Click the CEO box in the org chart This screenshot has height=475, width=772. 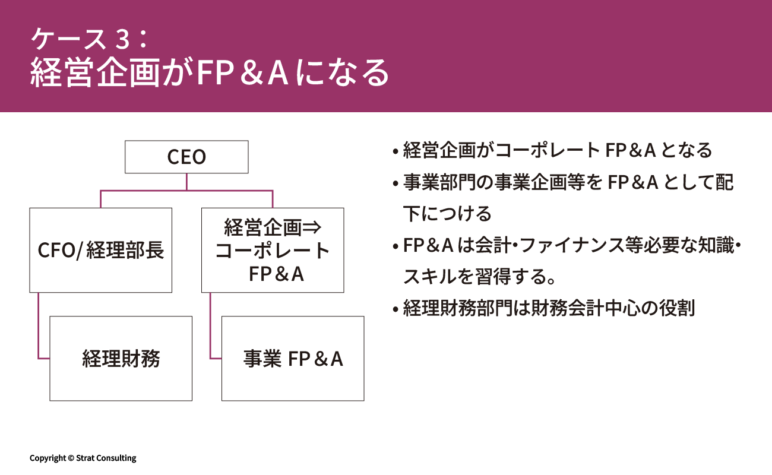pyautogui.click(x=186, y=157)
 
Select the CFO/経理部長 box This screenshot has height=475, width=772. pyautogui.click(x=100, y=250)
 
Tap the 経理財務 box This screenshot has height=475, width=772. pyautogui.click(x=121, y=358)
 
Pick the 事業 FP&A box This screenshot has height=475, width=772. pyautogui.click(x=292, y=358)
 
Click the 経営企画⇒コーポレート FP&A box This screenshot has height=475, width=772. pyautogui.click(x=272, y=250)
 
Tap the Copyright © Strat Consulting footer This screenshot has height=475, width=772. pyautogui.click(x=83, y=458)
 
